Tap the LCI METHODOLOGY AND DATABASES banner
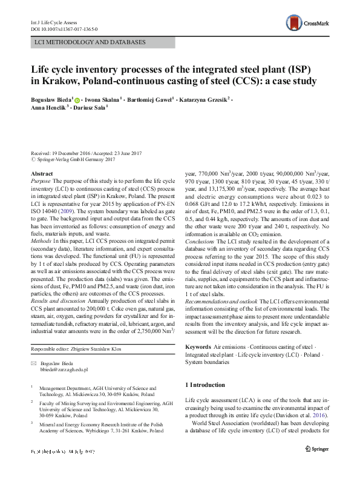coord(90,43)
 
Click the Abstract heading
coord(41,174)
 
